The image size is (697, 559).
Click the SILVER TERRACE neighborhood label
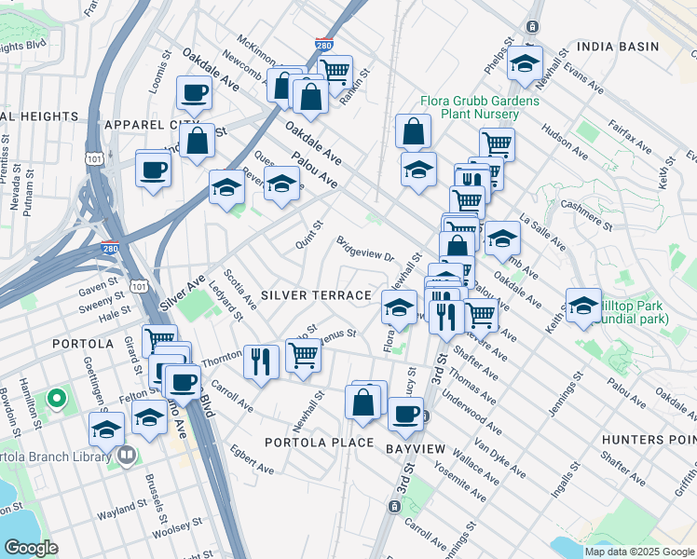[316, 295]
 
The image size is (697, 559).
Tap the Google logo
[30, 548]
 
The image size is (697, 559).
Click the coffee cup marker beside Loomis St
[195, 93]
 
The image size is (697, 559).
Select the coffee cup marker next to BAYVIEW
[404, 414]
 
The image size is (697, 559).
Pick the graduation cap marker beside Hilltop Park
[583, 305]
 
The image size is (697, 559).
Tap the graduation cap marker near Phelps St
[526, 62]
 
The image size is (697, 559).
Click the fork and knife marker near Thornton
[261, 361]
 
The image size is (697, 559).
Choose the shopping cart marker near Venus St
[303, 355]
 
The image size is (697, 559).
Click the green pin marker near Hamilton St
[56, 400]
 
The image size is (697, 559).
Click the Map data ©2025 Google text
[639, 552]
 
